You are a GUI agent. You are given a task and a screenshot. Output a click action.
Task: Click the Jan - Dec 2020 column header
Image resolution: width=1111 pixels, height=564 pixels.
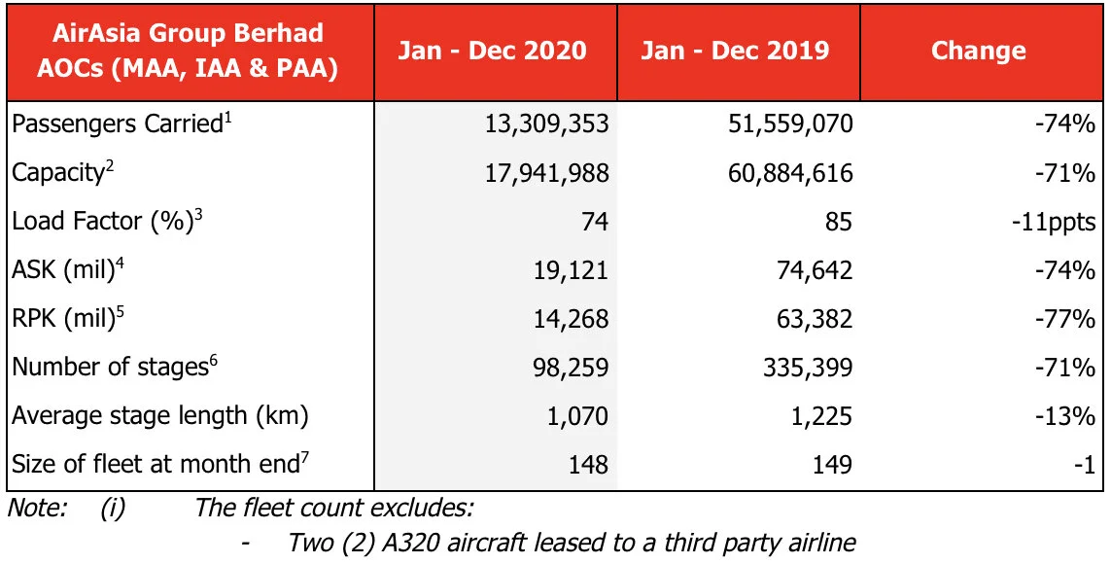pos(493,51)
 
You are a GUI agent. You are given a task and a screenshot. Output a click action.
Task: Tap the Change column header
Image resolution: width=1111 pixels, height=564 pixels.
pos(978,51)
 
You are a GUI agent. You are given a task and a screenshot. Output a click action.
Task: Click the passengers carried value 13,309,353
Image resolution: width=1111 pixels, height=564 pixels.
pos(545,124)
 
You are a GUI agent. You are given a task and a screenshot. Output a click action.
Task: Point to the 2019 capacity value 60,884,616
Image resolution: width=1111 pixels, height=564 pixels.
pos(789,173)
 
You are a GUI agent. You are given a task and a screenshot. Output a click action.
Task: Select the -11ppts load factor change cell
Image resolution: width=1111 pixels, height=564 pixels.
pos(1055,222)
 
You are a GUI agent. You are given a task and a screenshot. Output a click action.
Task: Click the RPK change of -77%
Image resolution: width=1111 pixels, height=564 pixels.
pos(1067,318)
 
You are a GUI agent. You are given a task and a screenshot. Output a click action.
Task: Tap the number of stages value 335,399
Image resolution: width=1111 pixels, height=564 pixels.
pos(807,367)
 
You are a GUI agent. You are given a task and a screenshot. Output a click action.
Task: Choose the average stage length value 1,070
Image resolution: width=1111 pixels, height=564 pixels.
pos(577,415)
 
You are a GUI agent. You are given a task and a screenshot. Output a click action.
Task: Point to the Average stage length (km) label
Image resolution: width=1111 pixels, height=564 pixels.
pos(159,415)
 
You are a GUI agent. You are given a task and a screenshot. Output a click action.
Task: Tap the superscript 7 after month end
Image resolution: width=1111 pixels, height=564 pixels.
pos(304,457)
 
